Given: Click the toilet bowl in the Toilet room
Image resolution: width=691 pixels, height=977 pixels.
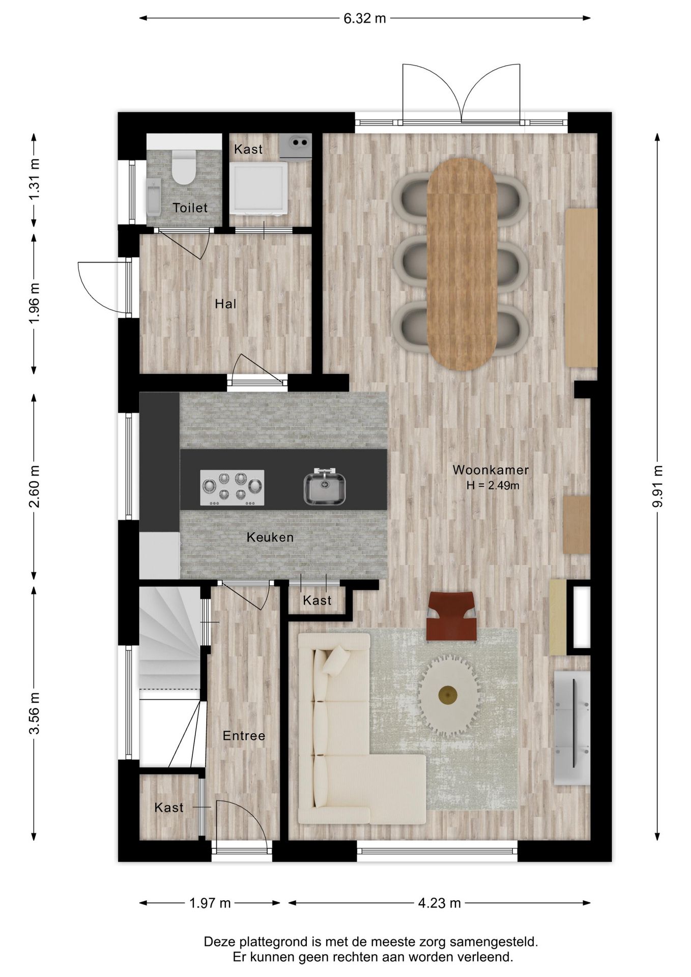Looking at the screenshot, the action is [x=183, y=167].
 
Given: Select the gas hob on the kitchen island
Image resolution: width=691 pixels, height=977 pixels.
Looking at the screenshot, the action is [x=232, y=487].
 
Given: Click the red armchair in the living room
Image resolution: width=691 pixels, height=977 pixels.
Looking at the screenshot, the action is [x=451, y=616].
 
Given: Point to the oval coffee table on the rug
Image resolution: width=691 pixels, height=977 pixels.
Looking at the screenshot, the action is [x=448, y=695].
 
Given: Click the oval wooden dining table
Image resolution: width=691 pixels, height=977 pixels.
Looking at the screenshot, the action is [x=462, y=264].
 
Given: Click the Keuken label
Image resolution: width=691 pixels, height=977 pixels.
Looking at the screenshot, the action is [x=270, y=537].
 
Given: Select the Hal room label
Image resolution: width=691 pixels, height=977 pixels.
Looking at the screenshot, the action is [x=225, y=304].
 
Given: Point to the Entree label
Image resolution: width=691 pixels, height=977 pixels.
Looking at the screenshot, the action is [x=244, y=736].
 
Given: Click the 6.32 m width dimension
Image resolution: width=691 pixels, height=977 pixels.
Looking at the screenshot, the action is [x=365, y=18].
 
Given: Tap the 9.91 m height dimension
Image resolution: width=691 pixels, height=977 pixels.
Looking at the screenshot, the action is [x=657, y=486].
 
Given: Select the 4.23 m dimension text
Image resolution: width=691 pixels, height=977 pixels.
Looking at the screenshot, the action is [x=439, y=903].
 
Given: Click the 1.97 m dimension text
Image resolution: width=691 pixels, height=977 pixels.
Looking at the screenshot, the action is [x=210, y=903].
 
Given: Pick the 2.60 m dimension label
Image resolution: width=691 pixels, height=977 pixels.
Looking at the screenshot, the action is [x=34, y=486].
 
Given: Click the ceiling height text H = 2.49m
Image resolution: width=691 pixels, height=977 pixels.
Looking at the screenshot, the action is [x=493, y=485].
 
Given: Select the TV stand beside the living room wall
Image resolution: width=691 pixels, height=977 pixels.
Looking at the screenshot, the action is [x=572, y=728].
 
